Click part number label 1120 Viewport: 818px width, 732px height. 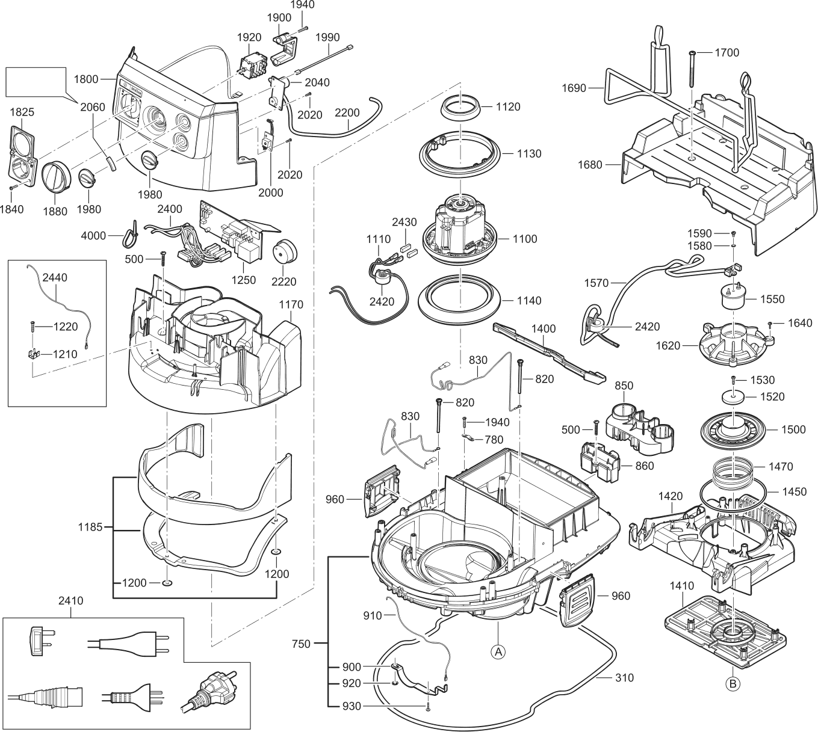[509, 106]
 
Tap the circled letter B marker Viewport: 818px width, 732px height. [733, 683]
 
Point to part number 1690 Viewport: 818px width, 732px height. [574, 88]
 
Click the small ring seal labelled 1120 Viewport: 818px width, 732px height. [462, 108]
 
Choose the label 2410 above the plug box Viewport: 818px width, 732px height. [71, 600]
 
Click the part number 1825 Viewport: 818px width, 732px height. [22, 112]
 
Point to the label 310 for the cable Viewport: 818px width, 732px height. [624, 677]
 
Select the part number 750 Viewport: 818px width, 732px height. [300, 644]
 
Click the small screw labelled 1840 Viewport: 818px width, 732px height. [13, 188]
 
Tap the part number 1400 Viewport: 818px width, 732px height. [544, 329]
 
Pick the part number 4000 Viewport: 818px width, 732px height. [93, 235]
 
